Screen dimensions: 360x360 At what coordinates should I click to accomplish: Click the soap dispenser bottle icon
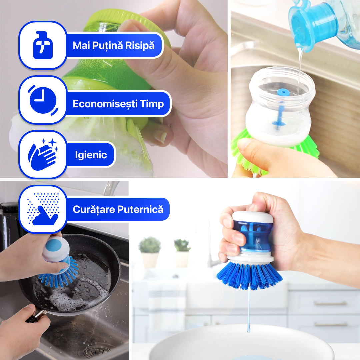click(43, 45)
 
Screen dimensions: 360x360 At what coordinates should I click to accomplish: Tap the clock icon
click(43, 100)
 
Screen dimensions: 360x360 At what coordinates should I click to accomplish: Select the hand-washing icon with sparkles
click(43, 155)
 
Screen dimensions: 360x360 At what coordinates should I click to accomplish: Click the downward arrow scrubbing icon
click(43, 209)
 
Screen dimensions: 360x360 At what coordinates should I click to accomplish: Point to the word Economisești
click(105, 104)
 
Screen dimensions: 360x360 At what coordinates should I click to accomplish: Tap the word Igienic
click(91, 155)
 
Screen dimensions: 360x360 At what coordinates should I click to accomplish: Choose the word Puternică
click(140, 209)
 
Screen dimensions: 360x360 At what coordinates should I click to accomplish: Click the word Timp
click(152, 104)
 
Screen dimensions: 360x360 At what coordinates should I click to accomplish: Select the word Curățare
click(94, 209)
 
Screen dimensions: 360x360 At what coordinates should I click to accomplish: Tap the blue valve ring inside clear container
click(283, 92)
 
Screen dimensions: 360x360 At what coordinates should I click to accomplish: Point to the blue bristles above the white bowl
click(249, 275)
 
